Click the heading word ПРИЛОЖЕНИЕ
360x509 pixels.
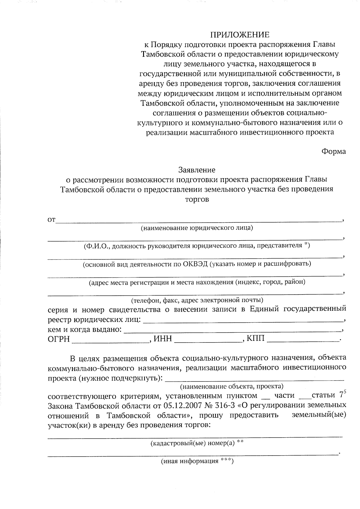(239, 34)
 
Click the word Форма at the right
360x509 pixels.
(334, 151)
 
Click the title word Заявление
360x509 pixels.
(197, 170)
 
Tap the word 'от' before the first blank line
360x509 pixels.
(51, 221)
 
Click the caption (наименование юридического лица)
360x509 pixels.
(197, 228)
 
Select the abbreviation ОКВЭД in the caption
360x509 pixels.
(195, 264)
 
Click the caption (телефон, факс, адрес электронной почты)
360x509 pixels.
(197, 300)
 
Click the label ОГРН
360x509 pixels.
(59, 339)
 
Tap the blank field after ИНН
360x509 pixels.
(208, 340)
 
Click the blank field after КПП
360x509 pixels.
(302, 339)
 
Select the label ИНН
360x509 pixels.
(163, 339)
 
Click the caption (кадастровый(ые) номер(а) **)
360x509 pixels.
(196, 443)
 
